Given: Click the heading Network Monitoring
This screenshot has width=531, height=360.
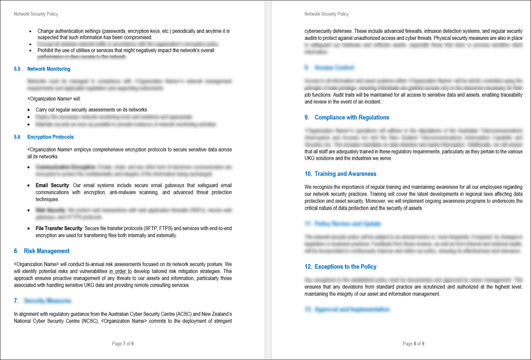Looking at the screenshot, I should tap(49, 69).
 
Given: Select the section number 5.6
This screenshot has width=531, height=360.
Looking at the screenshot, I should tap(17, 137).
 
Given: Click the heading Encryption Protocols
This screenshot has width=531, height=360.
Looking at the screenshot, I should tap(50, 137).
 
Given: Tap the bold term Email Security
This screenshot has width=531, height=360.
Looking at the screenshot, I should tap(52, 185).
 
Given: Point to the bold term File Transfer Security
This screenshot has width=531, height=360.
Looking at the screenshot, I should tap(59, 228).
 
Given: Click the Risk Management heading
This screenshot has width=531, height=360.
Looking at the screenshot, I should tap(47, 251).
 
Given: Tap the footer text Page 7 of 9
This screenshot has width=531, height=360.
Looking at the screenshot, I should tap(123, 344).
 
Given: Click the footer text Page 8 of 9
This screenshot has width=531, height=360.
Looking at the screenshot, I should tap(413, 344).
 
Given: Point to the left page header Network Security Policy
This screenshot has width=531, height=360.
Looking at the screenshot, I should tap(36, 14).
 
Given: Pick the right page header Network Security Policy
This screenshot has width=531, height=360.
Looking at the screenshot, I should tap(326, 14).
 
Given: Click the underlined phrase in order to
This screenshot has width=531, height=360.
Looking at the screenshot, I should tap(120, 271).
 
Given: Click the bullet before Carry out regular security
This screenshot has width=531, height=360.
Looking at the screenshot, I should tap(30, 110).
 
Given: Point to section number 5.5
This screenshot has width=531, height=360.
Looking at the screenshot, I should tap(17, 69).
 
